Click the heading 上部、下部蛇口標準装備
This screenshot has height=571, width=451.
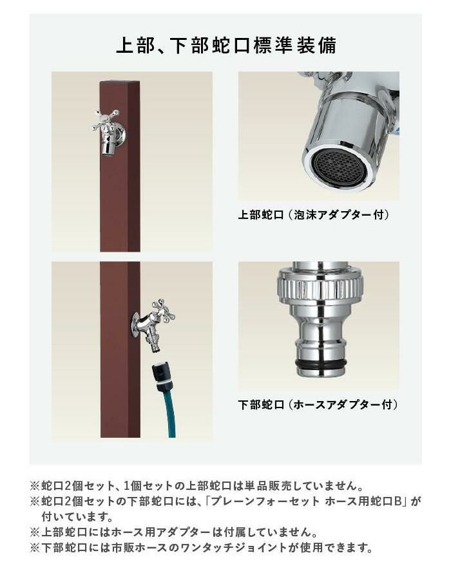(x=226, y=46)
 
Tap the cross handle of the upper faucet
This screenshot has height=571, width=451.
(x=106, y=120)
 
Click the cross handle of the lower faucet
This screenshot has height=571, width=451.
(x=162, y=311)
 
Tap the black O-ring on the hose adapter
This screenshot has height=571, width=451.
(x=320, y=364)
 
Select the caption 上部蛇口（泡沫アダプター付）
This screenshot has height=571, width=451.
(x=314, y=215)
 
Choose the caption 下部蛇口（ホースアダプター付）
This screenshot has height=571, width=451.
(x=318, y=404)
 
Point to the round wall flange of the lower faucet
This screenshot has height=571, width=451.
(x=136, y=324)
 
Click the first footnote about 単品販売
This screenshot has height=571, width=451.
(x=197, y=486)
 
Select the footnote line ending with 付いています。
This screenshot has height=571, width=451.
(x=77, y=517)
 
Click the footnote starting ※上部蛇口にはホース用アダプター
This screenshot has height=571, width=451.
(x=173, y=532)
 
